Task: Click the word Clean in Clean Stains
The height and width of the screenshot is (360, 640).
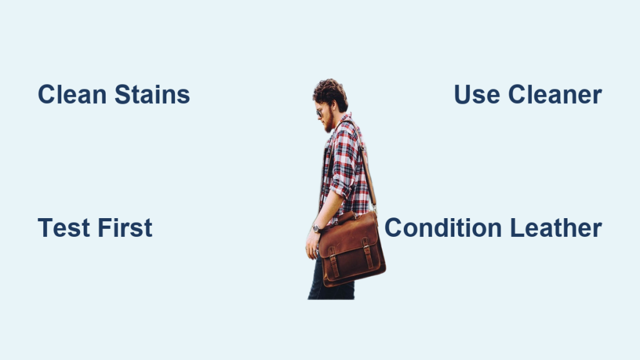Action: point(72,94)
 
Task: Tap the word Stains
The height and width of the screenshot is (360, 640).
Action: point(152,94)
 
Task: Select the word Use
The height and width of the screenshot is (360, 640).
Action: point(477,94)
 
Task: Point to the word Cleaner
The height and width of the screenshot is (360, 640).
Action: point(555,94)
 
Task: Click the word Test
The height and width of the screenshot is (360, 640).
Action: point(64,227)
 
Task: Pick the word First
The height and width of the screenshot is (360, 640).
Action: point(125,227)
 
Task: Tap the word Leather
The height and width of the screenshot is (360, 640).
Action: point(556,227)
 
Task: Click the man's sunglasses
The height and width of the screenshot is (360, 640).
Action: point(319,112)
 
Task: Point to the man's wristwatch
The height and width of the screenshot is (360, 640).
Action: point(316,227)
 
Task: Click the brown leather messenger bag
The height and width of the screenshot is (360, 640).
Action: point(351,249)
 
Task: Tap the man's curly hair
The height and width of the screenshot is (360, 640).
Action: point(331,93)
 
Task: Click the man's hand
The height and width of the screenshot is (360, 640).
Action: point(311,244)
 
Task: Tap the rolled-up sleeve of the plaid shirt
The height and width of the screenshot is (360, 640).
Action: point(341,184)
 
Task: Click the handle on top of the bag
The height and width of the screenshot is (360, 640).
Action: point(347,217)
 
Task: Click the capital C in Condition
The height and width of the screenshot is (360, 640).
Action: point(394,227)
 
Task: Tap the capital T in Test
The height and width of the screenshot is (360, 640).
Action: point(45,227)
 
